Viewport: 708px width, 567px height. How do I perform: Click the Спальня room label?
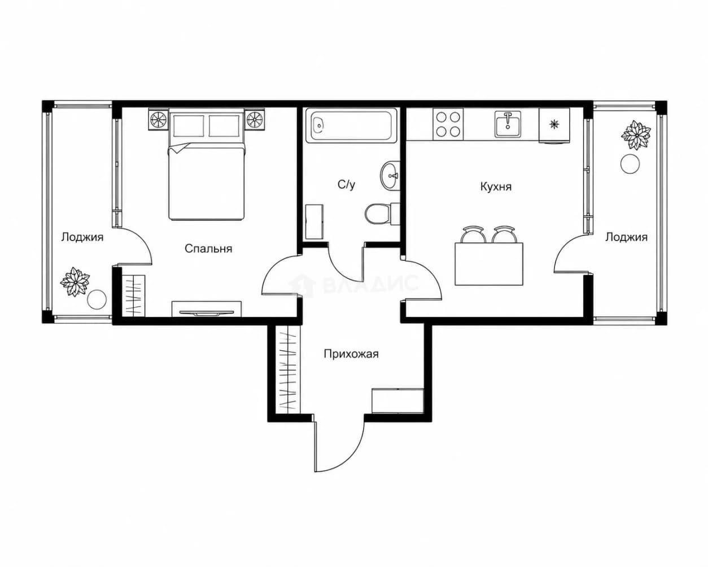(208, 249)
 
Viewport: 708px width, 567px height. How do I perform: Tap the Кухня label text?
(496, 187)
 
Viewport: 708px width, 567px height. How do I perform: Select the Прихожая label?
(351, 354)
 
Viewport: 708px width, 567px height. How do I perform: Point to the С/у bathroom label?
(347, 185)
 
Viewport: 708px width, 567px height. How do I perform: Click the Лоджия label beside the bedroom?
(82, 237)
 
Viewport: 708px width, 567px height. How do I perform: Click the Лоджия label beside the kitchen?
(626, 237)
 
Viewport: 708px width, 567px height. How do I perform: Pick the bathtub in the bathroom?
(351, 125)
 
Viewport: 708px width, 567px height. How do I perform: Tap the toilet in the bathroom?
(382, 214)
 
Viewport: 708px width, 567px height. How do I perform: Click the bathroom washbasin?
(391, 176)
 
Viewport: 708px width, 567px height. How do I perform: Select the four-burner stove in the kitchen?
(448, 125)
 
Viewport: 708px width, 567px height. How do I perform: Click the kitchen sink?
(508, 124)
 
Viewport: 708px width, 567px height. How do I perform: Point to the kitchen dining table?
(489, 264)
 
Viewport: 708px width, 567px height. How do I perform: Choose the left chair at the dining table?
(474, 234)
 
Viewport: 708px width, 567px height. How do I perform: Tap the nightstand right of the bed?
(255, 120)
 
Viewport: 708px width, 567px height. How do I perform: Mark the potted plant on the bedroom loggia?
(75, 281)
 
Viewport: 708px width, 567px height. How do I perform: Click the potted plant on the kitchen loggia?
(636, 135)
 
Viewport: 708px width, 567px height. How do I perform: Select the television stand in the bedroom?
(207, 309)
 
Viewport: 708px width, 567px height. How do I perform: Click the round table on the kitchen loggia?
(630, 164)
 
